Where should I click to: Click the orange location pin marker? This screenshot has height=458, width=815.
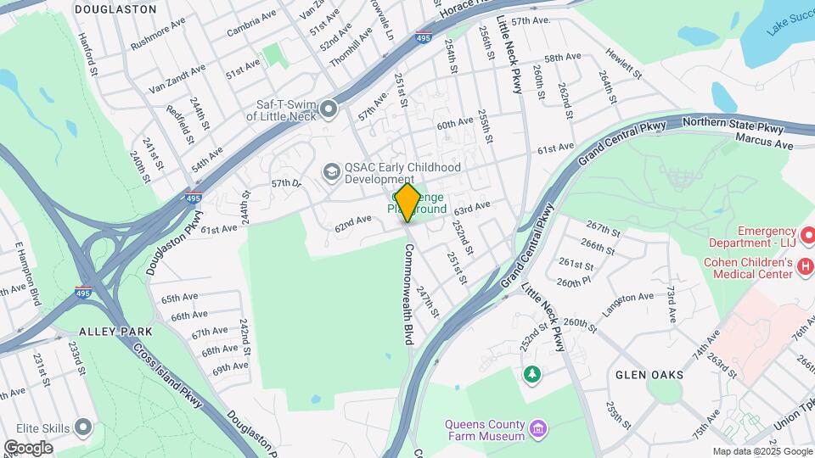click(x=407, y=202)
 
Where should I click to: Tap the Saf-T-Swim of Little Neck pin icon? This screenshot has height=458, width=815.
click(x=329, y=109)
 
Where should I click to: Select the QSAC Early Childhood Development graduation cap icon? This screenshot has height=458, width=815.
click(x=331, y=173)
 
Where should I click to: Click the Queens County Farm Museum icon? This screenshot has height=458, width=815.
click(x=537, y=427)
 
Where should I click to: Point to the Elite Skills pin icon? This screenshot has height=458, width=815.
click(x=83, y=427)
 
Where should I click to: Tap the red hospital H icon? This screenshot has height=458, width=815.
click(x=805, y=268)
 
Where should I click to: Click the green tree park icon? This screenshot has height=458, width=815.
click(x=531, y=373)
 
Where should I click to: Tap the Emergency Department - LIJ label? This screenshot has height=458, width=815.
click(x=765, y=237)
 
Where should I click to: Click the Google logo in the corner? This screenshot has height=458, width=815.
click(x=28, y=447)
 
